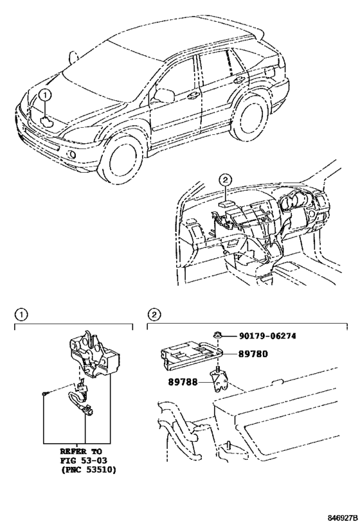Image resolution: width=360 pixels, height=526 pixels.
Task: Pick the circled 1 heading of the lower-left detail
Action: (x=21, y=315)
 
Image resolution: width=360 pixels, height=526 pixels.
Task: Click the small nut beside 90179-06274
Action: (x=218, y=335)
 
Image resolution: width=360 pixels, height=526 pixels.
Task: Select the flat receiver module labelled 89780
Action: (x=190, y=355)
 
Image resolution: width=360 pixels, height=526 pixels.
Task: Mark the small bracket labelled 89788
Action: (x=221, y=382)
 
